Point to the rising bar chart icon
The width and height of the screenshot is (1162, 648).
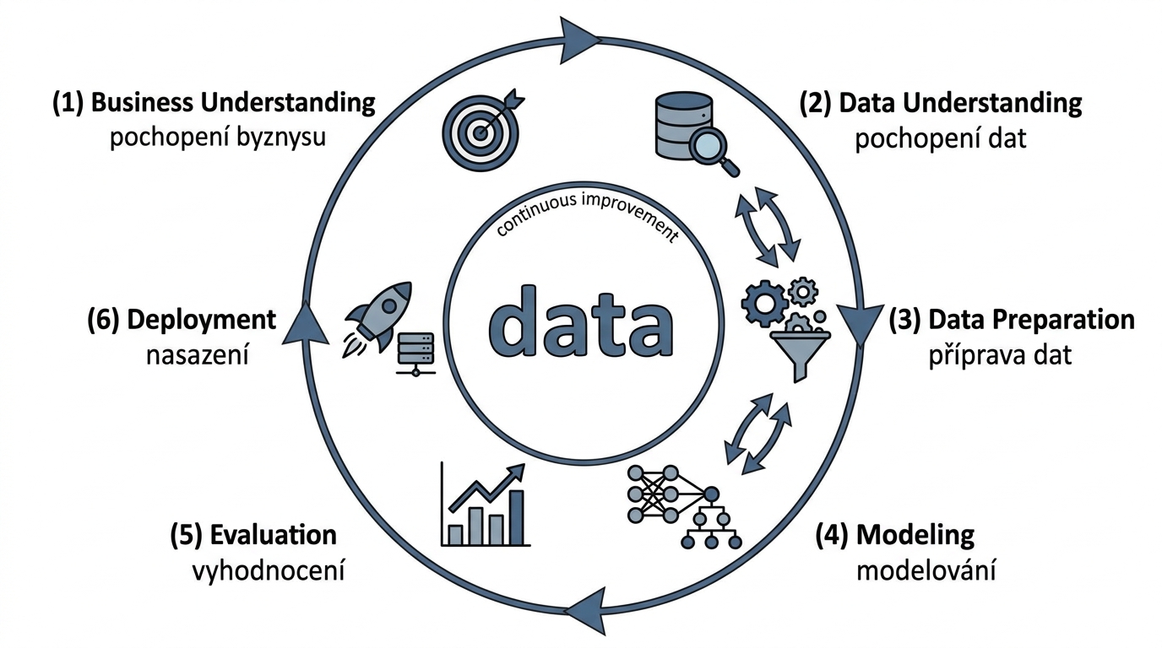[x=484, y=505]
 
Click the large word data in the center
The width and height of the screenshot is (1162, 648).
[x=580, y=322]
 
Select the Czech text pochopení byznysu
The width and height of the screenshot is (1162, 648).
[x=218, y=138]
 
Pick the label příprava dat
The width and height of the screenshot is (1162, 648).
[x=1000, y=355]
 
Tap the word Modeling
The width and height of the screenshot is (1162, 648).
[x=915, y=535]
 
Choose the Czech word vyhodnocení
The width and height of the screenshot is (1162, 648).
[x=269, y=571]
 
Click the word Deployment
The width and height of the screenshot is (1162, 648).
[x=201, y=320]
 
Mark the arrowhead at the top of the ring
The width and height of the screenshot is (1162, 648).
[x=579, y=40]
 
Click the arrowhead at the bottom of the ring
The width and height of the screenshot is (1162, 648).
[x=586, y=611]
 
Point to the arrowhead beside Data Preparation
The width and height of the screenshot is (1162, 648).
[x=861, y=325]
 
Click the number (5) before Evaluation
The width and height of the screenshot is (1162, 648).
[x=186, y=535]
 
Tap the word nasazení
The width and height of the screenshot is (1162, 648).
[x=198, y=356]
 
